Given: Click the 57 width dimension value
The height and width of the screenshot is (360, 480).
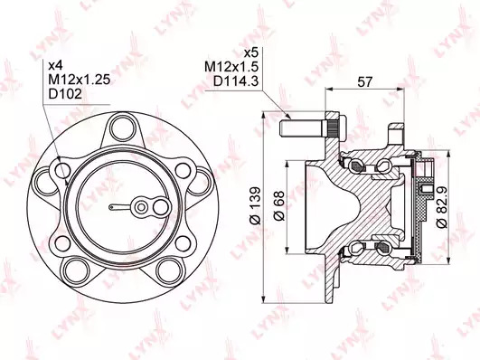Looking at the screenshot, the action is (365, 81).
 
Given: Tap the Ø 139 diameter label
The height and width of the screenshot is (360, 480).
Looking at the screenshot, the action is (255, 205).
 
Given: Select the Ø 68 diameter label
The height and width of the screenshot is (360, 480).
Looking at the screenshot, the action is (279, 206).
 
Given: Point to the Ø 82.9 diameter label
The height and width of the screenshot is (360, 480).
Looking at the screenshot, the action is (442, 206).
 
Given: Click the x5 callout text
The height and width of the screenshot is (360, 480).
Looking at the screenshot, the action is (251, 52).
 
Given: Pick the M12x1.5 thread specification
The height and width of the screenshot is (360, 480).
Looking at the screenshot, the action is (231, 67).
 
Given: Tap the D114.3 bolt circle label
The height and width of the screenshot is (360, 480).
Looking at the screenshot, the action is (236, 81).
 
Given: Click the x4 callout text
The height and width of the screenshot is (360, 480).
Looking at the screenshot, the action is (56, 65).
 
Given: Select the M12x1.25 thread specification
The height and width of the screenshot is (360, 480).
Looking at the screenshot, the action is (80, 80).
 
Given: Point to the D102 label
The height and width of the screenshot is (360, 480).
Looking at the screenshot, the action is (65, 94).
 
